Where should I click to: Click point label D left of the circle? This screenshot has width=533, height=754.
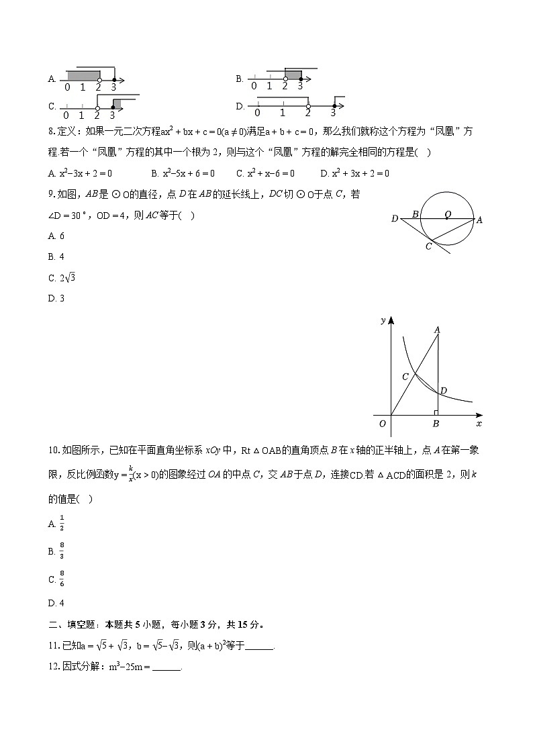(x=395, y=218)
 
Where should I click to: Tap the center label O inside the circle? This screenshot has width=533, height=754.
(x=447, y=214)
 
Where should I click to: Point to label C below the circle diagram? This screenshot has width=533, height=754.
(x=428, y=246)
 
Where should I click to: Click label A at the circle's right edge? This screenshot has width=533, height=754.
(x=479, y=220)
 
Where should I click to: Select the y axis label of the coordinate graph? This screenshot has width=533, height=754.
(x=383, y=320)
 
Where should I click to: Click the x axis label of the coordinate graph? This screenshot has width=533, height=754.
(x=479, y=424)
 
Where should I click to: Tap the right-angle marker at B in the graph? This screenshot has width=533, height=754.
(x=435, y=413)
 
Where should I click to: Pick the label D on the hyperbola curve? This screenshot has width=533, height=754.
(x=443, y=390)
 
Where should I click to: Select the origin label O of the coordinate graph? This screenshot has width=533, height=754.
(x=382, y=424)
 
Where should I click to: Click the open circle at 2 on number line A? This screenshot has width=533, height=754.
(x=99, y=79)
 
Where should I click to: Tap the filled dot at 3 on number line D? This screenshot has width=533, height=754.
(x=334, y=105)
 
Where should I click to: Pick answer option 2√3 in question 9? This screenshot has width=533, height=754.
(x=62, y=278)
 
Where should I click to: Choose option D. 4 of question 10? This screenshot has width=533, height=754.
(x=56, y=602)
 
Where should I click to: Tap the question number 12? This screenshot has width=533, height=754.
(x=54, y=667)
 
